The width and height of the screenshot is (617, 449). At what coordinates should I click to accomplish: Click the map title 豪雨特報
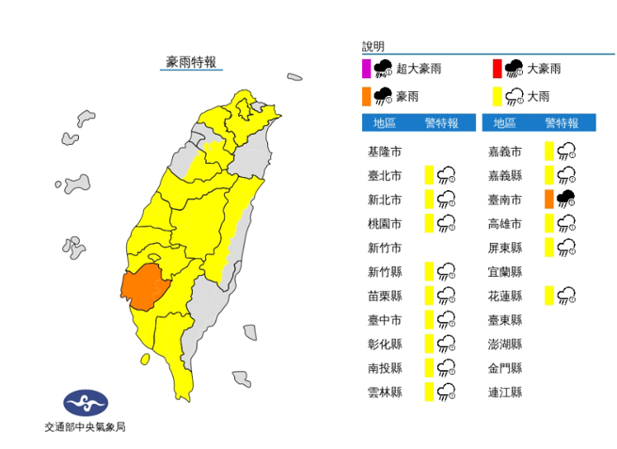click(191, 62)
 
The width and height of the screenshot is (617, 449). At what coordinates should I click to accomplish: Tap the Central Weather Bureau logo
click(86, 404)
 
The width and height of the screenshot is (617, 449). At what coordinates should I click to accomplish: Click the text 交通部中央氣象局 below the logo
click(86, 428)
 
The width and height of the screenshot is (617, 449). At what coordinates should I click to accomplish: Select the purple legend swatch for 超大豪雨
click(366, 67)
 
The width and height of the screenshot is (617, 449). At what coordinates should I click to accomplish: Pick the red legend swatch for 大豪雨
click(496, 67)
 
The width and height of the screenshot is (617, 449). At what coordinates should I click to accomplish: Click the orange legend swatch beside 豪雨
click(366, 94)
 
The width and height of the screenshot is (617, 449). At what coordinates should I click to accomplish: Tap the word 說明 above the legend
click(373, 46)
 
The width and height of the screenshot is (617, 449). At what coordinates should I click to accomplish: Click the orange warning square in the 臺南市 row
click(549, 199)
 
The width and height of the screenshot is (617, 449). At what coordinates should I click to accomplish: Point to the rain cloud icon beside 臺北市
click(447, 174)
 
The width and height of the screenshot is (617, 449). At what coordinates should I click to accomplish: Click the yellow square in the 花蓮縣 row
click(548, 296)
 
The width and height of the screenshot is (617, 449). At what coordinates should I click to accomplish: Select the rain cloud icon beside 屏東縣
click(566, 248)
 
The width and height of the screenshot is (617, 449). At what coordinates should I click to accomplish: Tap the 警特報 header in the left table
click(441, 123)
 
